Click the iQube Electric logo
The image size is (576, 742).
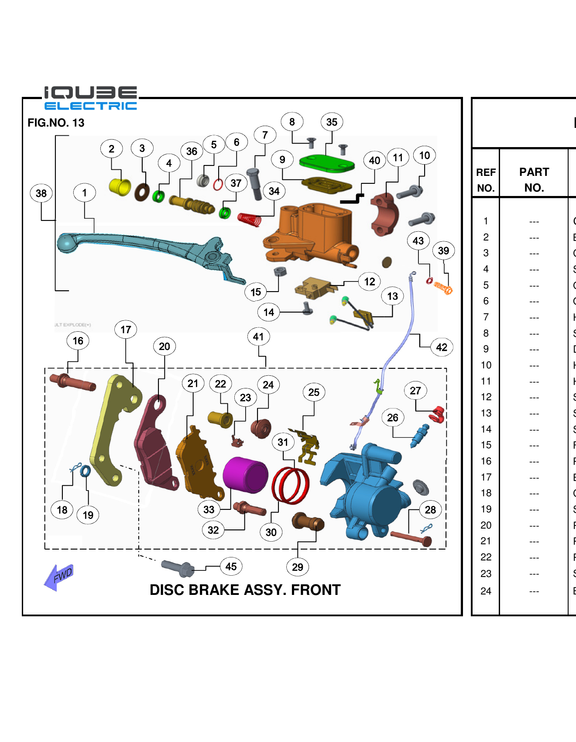point(90,98)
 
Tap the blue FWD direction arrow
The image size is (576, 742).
point(59,577)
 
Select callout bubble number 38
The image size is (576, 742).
point(41,193)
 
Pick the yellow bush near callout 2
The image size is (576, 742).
point(120,187)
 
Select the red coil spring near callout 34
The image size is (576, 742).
point(250,219)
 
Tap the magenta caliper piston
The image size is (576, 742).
point(245,475)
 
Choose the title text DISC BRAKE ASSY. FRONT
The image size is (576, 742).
point(245,590)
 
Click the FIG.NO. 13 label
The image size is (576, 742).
point(56,123)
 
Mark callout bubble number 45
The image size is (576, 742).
point(231,567)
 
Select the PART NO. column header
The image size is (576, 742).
point(534,179)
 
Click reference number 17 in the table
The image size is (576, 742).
point(486,477)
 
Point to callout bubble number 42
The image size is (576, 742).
point(441,347)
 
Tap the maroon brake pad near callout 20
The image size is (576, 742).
point(155,441)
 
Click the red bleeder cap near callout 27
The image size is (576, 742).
point(438,414)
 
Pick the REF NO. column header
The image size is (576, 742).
point(486,180)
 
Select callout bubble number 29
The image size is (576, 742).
point(298,567)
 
